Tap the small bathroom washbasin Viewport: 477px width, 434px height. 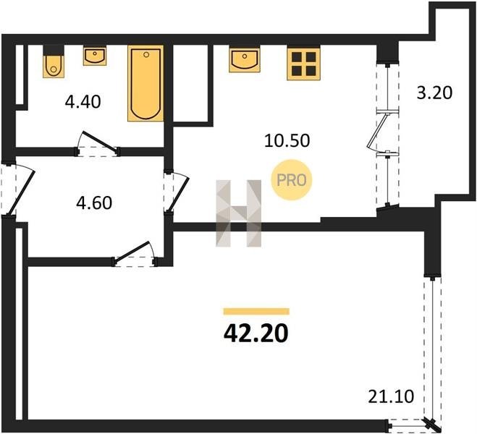pyautogui.click(x=95, y=56)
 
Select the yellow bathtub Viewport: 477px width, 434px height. pyautogui.click(x=145, y=83)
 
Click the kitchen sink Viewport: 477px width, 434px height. pyautogui.click(x=245, y=59)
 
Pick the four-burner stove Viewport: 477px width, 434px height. pyautogui.click(x=303, y=64)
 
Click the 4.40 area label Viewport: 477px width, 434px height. pyautogui.click(x=83, y=102)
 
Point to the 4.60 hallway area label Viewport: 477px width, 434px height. pyautogui.click(x=94, y=203)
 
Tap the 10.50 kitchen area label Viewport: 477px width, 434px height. pyautogui.click(x=287, y=141)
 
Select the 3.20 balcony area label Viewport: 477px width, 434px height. pyautogui.click(x=434, y=93)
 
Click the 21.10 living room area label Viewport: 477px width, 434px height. pyautogui.click(x=391, y=396)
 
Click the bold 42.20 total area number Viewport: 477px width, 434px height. pyautogui.click(x=256, y=333)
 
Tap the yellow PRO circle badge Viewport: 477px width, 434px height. pyautogui.click(x=292, y=180)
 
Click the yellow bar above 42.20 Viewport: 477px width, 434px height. pyautogui.click(x=256, y=312)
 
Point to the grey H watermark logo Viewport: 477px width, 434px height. pyautogui.click(x=239, y=213)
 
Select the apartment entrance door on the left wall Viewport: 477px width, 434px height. pyautogui.click(x=19, y=190)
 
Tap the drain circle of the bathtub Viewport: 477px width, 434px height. pyautogui.click(x=146, y=54)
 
